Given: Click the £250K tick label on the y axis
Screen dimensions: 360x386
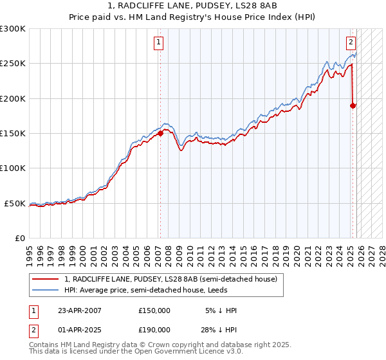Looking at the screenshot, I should click(13, 64).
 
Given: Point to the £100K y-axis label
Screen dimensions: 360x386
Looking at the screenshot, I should click(13, 168).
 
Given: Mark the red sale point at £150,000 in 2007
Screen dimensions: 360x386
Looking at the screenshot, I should click(161, 134).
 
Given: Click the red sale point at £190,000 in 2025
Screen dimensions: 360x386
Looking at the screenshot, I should click(353, 105).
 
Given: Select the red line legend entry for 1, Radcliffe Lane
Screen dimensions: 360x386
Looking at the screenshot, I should click(170, 279).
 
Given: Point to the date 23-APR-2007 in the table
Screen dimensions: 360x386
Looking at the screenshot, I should click(79, 310).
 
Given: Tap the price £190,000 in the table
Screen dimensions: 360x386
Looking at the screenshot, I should click(154, 330).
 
